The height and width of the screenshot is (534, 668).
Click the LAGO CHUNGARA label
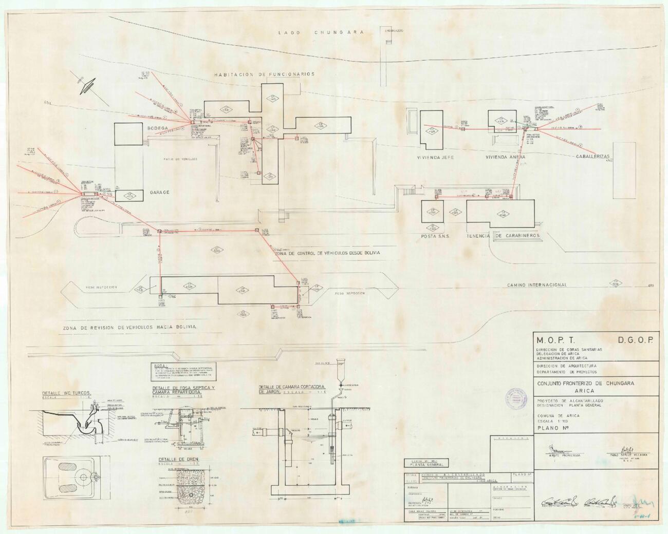[321, 32]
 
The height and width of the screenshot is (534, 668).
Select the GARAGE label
[159, 192]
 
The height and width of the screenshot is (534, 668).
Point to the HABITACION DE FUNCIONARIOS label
[264, 74]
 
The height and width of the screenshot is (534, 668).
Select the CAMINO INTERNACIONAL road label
[537, 284]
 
